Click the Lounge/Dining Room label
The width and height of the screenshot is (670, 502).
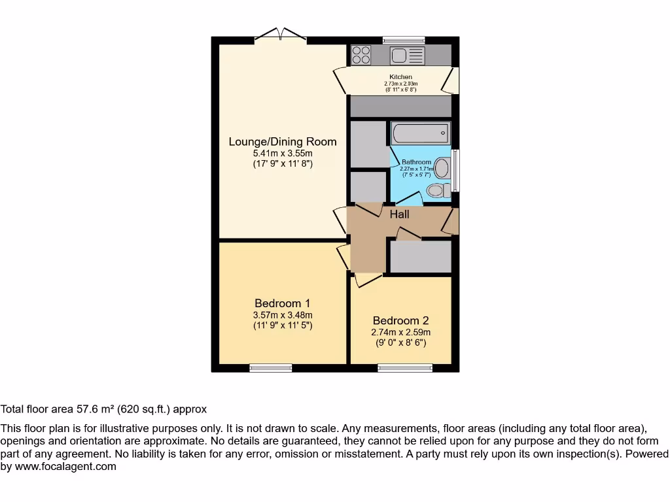click(x=282, y=141)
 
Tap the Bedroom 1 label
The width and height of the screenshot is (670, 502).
click(x=282, y=303)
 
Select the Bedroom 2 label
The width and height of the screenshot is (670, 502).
click(x=400, y=320)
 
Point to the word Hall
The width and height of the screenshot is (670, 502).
click(x=399, y=214)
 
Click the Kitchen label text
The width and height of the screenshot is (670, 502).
click(x=400, y=77)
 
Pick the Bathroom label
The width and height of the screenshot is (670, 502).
click(x=416, y=162)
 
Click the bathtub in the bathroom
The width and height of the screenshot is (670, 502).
click(x=420, y=134)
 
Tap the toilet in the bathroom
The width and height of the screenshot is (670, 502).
click(x=437, y=190)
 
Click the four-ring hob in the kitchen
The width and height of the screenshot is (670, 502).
click(x=361, y=55)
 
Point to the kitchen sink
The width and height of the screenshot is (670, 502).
click(x=408, y=56)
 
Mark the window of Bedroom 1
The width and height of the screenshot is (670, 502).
click(x=271, y=368)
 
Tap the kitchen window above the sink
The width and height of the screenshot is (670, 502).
click(x=403, y=39)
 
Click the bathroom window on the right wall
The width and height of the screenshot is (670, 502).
click(x=455, y=171)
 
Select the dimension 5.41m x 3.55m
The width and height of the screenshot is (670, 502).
click(x=282, y=154)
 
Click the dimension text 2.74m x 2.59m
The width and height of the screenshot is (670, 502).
click(x=400, y=332)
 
